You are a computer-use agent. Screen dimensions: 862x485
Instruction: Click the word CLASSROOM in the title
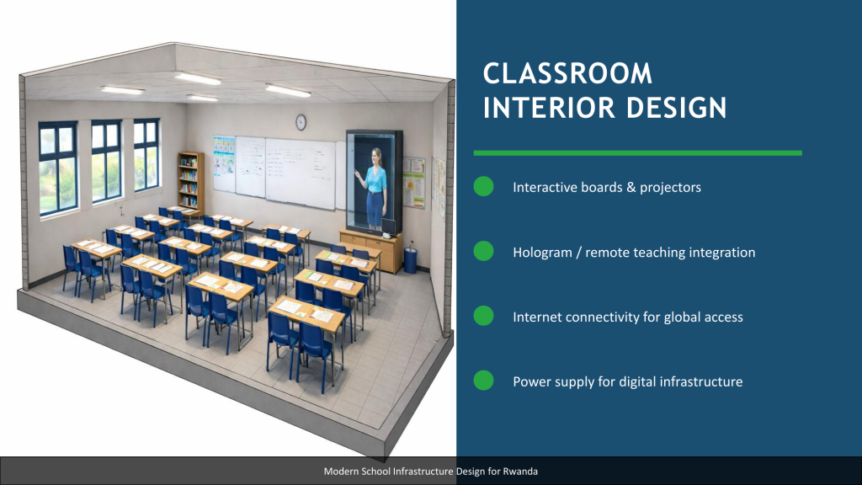click(x=567, y=74)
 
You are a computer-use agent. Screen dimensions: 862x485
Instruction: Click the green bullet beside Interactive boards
click(x=483, y=186)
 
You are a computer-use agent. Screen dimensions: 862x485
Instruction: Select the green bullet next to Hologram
click(x=483, y=251)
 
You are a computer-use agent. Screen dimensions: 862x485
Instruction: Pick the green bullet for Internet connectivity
click(x=483, y=316)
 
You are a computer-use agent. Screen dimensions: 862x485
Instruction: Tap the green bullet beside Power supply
click(x=483, y=381)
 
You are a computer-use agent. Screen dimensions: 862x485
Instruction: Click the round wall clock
click(x=301, y=122)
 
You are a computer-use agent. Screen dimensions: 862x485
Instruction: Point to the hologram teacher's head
click(x=376, y=156)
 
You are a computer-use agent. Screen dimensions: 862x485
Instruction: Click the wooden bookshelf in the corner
click(x=190, y=182)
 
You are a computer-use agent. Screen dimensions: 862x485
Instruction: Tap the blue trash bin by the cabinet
click(x=410, y=259)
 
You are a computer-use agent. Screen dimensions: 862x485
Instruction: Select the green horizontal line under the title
click(x=638, y=153)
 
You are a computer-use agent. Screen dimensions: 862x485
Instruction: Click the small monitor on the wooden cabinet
click(x=389, y=227)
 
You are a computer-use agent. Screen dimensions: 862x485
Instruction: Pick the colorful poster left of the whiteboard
click(x=224, y=163)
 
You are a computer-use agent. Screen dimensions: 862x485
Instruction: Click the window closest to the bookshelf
click(x=146, y=155)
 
